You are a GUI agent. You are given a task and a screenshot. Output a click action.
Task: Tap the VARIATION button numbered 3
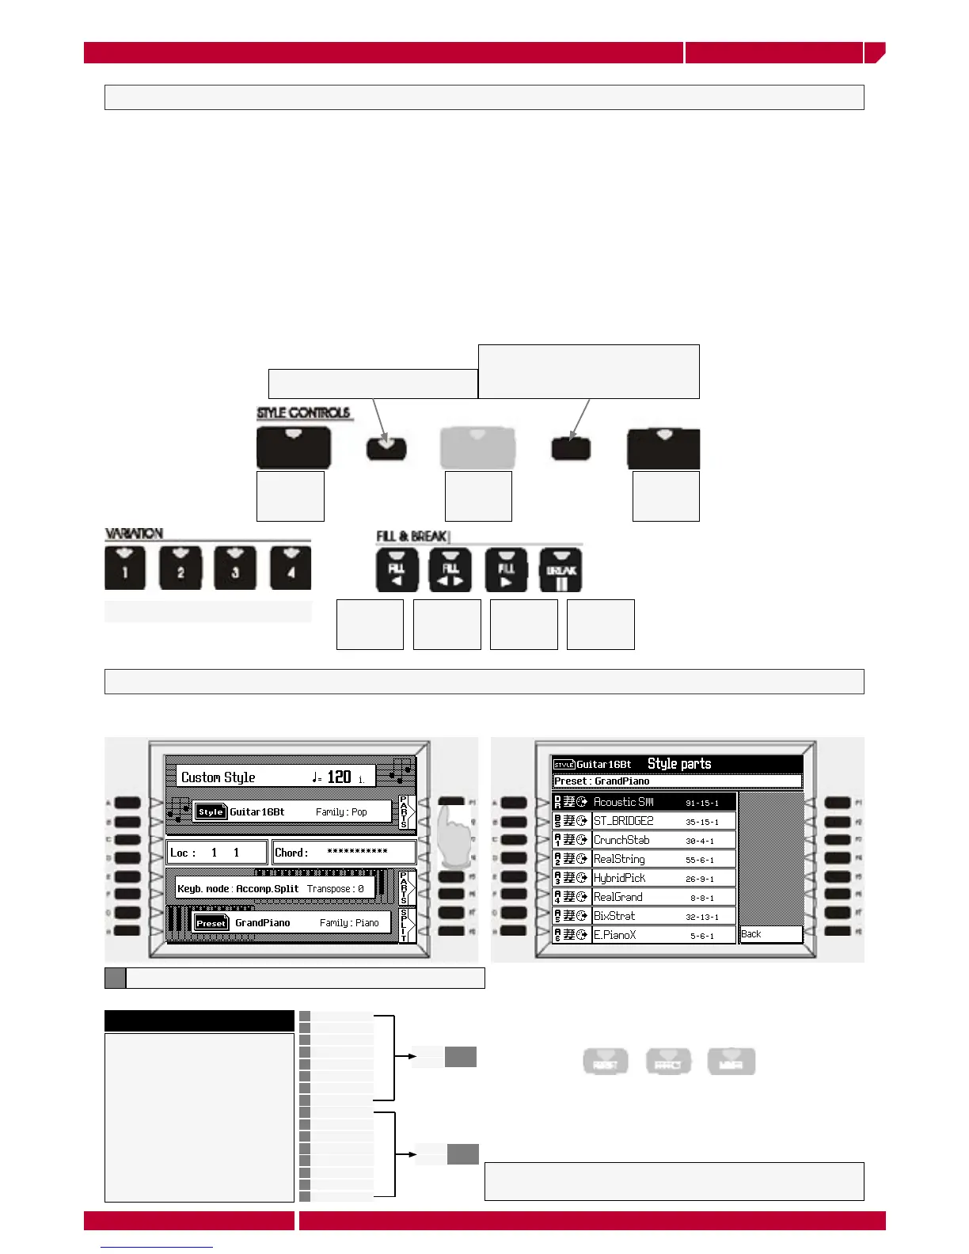coord(235,568)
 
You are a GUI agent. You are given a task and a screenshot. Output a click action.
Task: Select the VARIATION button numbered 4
coord(291,568)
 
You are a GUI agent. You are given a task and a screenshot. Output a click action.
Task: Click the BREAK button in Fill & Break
coord(560,570)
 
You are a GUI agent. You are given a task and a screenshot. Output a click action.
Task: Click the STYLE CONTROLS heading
coord(303,413)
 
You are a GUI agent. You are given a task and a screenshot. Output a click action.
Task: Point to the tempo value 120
coord(339,777)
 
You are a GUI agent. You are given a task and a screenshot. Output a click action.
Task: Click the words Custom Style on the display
coord(218,777)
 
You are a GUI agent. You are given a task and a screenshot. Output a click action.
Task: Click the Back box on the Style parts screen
coord(769,934)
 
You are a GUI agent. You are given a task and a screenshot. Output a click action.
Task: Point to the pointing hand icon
coord(454,837)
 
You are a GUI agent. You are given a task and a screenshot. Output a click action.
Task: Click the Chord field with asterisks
coord(344,853)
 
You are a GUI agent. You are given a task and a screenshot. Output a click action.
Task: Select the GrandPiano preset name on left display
coord(263,923)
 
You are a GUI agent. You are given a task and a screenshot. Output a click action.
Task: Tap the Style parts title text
coord(679,764)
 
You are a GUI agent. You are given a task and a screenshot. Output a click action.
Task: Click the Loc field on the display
coord(216,853)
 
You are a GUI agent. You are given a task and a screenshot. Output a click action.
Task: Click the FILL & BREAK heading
coord(412,537)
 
